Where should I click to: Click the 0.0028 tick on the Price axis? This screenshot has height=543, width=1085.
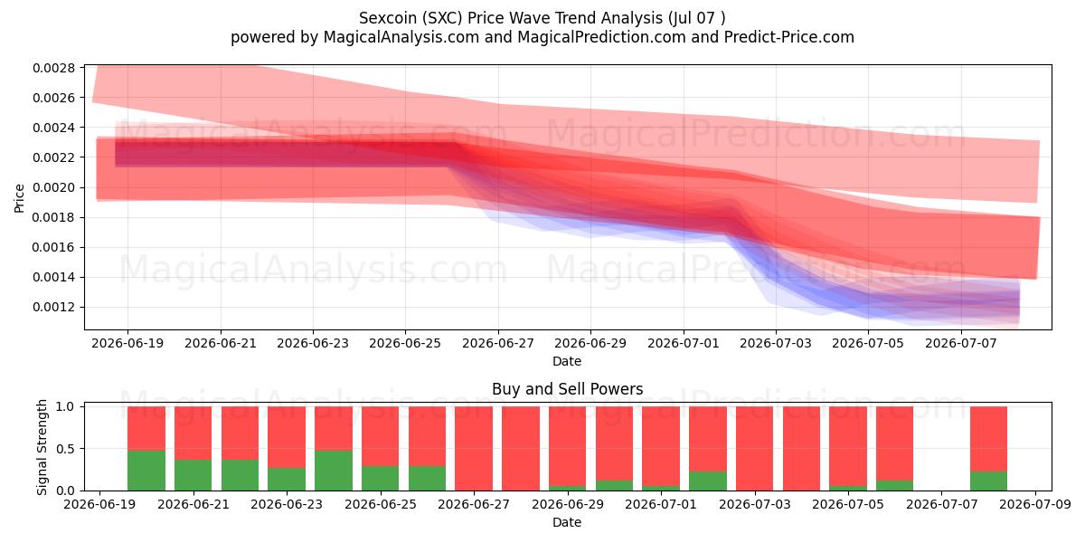tap(53, 68)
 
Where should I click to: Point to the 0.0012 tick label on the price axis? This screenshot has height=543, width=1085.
tap(53, 308)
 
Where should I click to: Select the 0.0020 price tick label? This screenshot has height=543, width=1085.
tap(53, 187)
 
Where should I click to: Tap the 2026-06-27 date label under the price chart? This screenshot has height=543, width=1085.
tap(498, 343)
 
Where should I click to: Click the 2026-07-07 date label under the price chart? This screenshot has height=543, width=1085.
tap(961, 343)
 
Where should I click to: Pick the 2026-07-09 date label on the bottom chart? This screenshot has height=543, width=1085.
tap(1035, 504)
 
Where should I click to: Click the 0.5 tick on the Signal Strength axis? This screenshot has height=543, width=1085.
tap(66, 449)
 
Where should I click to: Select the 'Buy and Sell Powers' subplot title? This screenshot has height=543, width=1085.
tap(567, 389)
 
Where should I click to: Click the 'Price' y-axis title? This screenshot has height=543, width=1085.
tap(19, 198)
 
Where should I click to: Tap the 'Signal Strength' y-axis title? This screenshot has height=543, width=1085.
tap(42, 447)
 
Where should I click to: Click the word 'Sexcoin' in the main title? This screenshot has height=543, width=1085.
tap(388, 18)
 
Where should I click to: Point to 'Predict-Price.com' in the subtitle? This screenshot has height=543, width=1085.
tap(789, 37)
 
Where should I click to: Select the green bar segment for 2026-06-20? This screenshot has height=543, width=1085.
tap(146, 471)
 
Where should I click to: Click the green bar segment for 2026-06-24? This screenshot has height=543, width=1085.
tap(334, 471)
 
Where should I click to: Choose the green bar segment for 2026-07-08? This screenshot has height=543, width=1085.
tap(988, 481)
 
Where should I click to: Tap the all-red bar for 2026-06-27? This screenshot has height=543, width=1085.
tap(474, 449)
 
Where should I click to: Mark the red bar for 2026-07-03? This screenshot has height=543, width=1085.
tap(755, 449)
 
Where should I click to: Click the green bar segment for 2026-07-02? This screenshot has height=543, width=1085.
tap(708, 481)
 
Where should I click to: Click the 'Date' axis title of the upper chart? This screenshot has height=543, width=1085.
tap(567, 361)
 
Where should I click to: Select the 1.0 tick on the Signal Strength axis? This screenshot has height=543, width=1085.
tap(66, 406)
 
